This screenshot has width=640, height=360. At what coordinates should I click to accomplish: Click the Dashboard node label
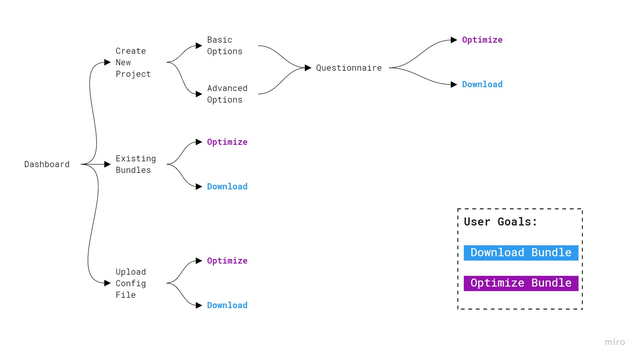point(47,164)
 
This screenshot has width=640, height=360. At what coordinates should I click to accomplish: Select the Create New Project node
point(133,62)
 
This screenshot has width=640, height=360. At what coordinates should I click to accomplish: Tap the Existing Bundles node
point(136,164)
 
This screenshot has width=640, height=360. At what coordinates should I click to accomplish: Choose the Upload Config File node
point(131,284)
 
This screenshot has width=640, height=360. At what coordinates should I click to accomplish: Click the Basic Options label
point(225,46)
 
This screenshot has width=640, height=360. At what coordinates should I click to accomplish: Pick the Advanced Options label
point(227,94)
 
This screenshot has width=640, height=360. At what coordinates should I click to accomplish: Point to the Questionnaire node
point(349,68)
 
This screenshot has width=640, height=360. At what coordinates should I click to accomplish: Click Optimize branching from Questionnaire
point(482,40)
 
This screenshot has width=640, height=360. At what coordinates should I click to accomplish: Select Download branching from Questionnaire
point(482,85)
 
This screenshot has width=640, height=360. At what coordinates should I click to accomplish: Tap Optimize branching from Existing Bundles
point(227,142)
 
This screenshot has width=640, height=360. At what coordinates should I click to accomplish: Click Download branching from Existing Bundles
point(227,187)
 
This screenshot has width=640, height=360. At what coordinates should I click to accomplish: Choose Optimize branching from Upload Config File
point(227,261)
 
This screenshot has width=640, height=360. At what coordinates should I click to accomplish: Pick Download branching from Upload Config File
point(227,305)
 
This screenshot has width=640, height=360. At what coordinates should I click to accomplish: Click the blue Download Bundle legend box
point(521,253)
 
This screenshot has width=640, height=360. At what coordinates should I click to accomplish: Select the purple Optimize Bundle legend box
point(521,283)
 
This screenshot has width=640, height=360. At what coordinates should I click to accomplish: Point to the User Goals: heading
point(500,222)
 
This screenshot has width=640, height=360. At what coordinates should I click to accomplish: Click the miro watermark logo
point(614,342)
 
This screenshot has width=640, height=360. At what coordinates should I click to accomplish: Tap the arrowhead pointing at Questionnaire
point(308,68)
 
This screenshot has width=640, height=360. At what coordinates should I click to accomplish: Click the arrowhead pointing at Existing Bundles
point(107,164)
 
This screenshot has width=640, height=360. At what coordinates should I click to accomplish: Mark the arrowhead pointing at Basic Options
point(199,46)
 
